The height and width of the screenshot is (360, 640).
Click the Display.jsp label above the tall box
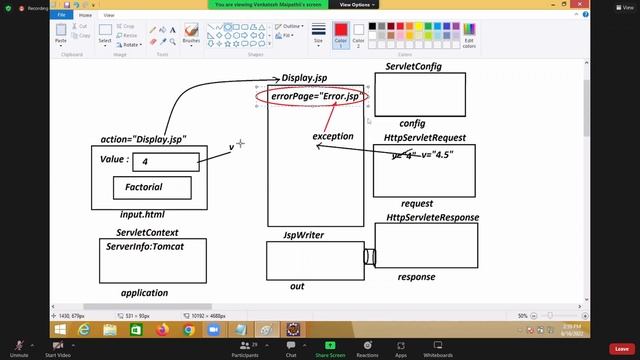click(x=305, y=78)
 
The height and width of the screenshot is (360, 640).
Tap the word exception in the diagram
click(x=333, y=135)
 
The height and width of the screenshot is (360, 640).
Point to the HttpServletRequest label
click(x=425, y=138)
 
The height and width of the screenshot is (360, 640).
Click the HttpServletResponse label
click(x=432, y=217)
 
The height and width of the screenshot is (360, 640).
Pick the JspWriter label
click(x=303, y=235)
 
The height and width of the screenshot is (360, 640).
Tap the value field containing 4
click(x=165, y=162)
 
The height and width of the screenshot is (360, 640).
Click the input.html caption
click(x=142, y=215)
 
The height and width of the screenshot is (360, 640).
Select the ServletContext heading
click(x=147, y=232)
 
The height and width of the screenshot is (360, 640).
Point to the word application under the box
click(x=144, y=293)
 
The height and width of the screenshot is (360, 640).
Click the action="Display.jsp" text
click(x=143, y=139)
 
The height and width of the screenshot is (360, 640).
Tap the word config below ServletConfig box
click(x=413, y=123)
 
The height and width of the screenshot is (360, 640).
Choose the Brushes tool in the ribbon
click(x=191, y=34)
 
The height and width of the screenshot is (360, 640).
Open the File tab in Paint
click(x=62, y=15)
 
